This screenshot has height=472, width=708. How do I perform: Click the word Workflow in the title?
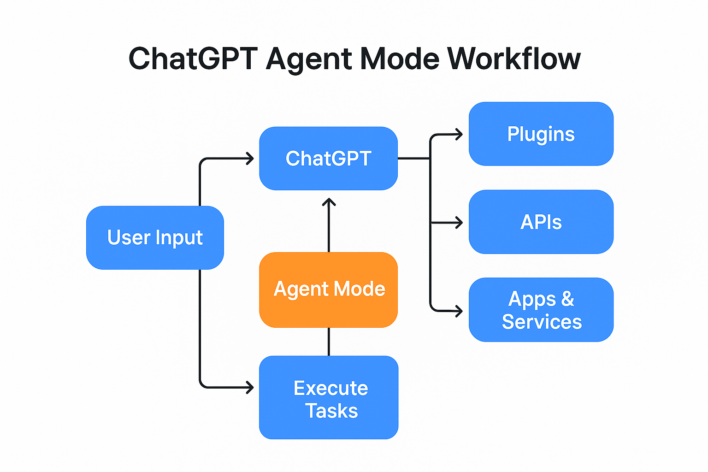513,59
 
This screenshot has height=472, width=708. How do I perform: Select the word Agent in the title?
308,59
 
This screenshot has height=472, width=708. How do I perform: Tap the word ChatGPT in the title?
193,59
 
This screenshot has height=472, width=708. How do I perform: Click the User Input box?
155,237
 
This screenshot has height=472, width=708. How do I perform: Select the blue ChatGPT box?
328,158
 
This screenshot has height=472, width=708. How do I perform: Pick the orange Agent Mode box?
328,289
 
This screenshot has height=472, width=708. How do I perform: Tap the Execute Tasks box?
328,397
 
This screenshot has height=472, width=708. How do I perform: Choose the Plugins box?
541,134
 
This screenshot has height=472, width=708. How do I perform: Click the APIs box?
541,222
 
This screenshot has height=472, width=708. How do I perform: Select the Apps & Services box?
541,309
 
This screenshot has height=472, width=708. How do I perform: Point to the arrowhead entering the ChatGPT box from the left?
250,159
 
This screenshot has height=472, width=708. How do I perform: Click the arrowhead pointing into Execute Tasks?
250,387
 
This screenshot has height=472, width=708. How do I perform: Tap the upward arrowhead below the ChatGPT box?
329,201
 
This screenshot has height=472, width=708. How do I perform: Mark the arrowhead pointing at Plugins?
459,135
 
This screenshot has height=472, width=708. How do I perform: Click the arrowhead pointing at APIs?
459,223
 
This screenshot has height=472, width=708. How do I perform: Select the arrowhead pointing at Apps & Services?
459,311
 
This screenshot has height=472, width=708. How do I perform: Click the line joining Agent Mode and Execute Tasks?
329,342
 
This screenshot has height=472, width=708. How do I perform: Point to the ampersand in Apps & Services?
567,299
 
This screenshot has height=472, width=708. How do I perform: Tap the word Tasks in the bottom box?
331,411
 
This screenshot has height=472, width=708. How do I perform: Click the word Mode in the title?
399,59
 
